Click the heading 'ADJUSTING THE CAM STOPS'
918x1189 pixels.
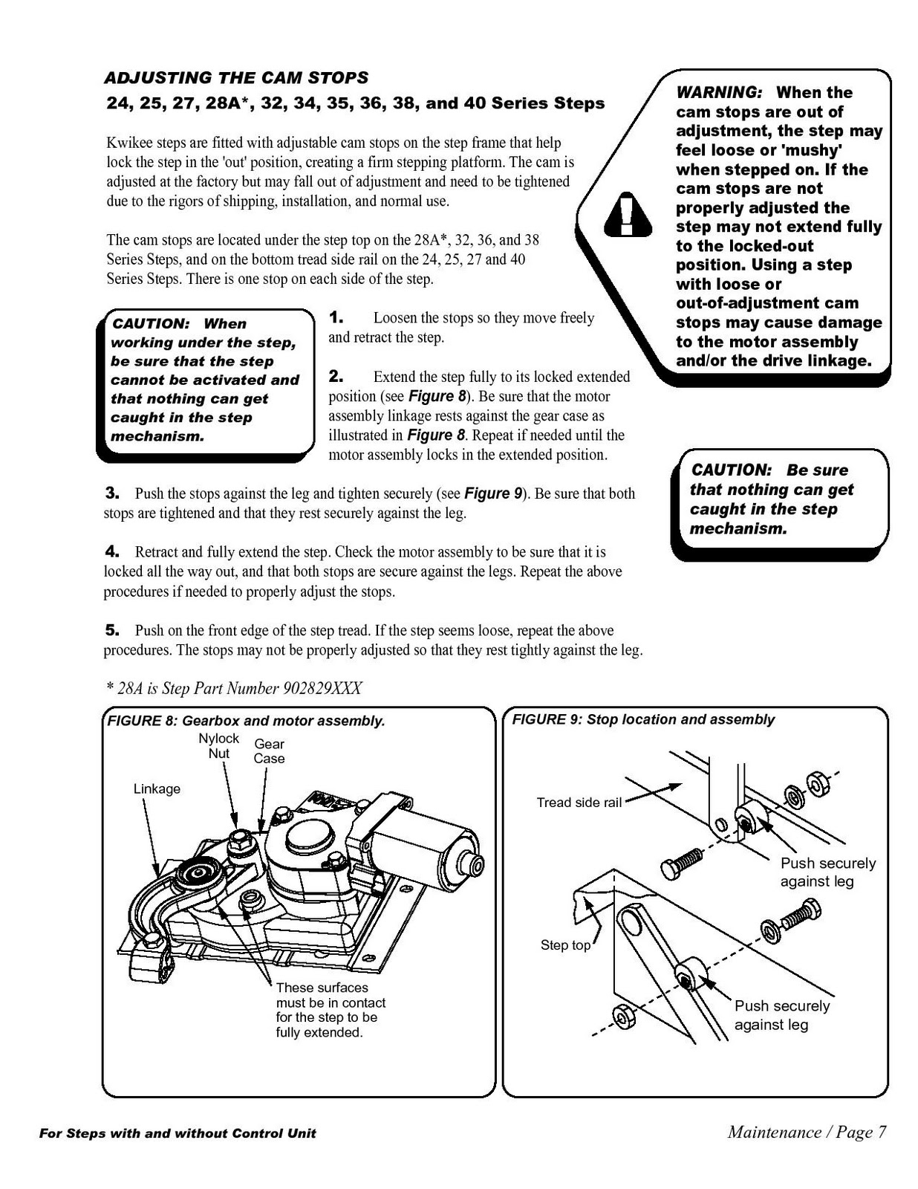pyautogui.click(x=236, y=78)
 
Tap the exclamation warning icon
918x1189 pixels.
pyautogui.click(x=628, y=214)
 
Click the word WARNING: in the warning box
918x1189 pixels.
pyautogui.click(x=719, y=93)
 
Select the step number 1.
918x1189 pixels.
pyautogui.click(x=336, y=318)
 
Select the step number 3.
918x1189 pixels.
pyautogui.click(x=112, y=493)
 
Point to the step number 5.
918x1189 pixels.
pyautogui.click(x=112, y=630)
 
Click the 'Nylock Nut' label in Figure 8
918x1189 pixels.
pyautogui.click(x=218, y=745)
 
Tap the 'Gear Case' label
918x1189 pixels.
pyautogui.click(x=269, y=751)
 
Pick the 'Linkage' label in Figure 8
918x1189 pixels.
pyautogui.click(x=157, y=788)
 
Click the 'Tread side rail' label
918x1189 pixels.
pyautogui.click(x=579, y=803)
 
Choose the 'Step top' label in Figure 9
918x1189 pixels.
pyautogui.click(x=565, y=945)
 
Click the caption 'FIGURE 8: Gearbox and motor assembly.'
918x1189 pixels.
pyautogui.click(x=247, y=721)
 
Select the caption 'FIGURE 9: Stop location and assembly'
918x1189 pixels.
pyautogui.click(x=643, y=719)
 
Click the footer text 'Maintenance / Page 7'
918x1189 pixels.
pyautogui.click(x=807, y=1132)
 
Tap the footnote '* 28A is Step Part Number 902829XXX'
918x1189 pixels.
pyautogui.click(x=233, y=688)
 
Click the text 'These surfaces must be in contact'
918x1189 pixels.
pyautogui.click(x=331, y=995)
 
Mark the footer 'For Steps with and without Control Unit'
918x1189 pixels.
pyautogui.click(x=178, y=1133)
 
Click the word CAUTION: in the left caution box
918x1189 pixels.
pyautogui.click(x=152, y=324)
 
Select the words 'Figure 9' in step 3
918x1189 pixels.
pyautogui.click(x=493, y=493)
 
